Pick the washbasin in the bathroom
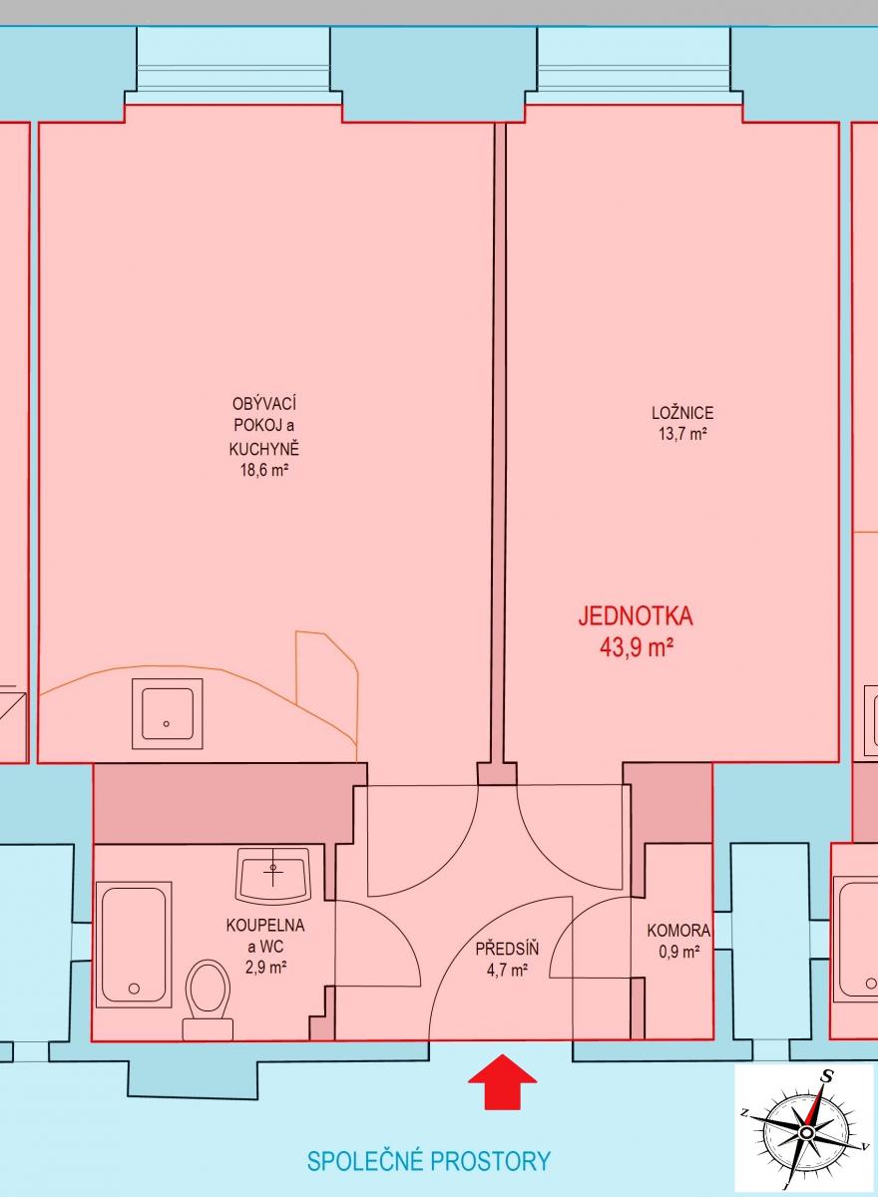(274, 875)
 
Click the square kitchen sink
(168, 714)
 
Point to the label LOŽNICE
(682, 413)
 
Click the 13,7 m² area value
(683, 433)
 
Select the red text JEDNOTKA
(636, 616)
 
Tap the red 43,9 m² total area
(636, 648)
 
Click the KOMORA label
(678, 931)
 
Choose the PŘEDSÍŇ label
(507, 949)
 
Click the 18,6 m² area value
(264, 470)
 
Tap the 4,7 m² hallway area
(507, 970)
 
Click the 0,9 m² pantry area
(678, 952)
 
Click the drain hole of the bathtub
(134, 989)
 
